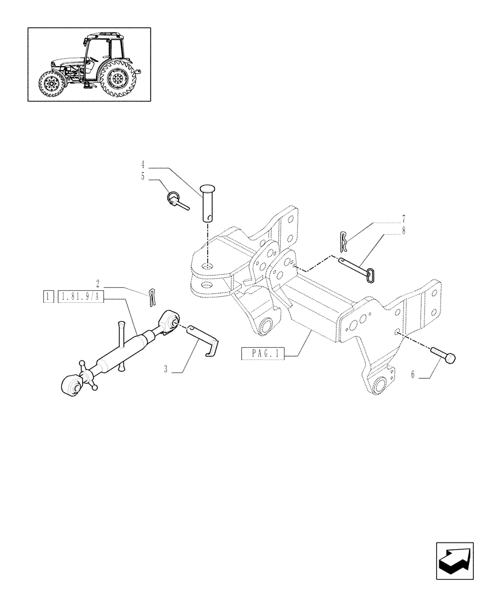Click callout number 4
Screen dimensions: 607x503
tap(143, 164)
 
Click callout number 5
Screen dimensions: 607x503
tap(143, 176)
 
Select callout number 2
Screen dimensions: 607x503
tap(97, 283)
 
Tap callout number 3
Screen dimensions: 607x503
tap(166, 368)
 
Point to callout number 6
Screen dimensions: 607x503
tap(412, 375)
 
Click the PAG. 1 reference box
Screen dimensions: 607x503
tap(263, 353)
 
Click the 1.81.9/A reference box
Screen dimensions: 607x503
tap(81, 297)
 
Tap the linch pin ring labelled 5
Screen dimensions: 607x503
tap(174, 198)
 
